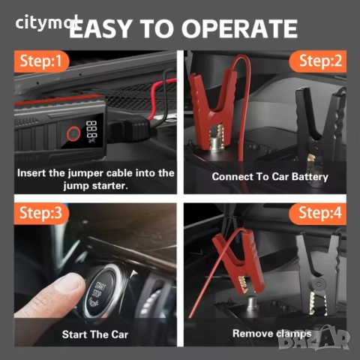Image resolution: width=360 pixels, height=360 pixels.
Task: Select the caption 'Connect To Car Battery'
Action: pyautogui.click(x=270, y=177)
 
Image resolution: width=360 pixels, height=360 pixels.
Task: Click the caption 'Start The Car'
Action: pyautogui.click(x=91, y=333)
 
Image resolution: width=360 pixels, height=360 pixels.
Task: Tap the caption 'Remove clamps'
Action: pyautogui.click(x=271, y=333)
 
